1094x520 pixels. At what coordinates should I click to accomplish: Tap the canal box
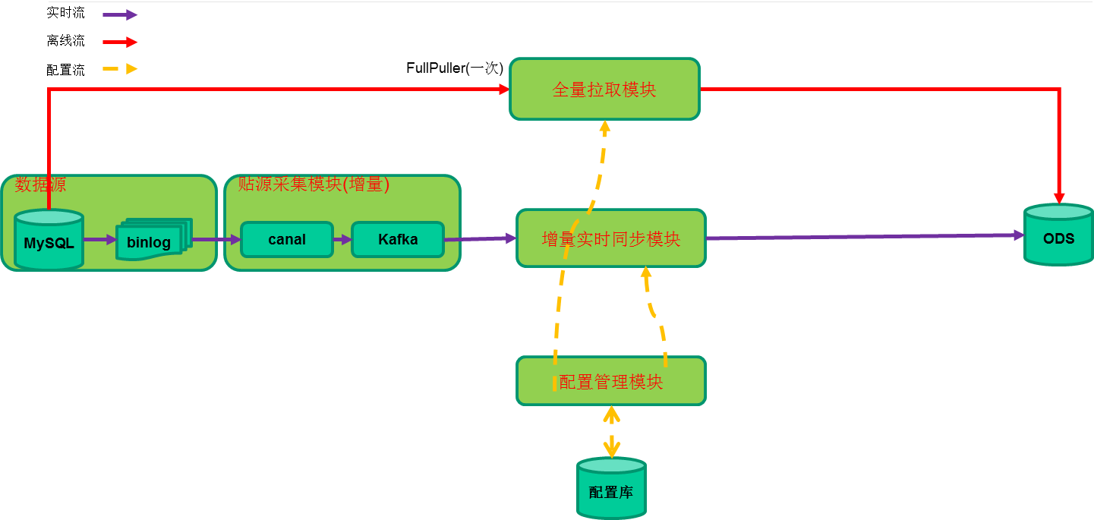click(287, 240)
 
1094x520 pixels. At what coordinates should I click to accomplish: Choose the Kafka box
click(398, 240)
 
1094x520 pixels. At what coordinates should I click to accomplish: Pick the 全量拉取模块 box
click(604, 90)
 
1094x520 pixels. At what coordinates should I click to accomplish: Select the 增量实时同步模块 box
click(611, 239)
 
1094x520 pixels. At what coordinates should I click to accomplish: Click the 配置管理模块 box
click(611, 381)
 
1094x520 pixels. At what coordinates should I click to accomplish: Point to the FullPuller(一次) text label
click(455, 68)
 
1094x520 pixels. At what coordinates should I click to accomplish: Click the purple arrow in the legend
click(120, 14)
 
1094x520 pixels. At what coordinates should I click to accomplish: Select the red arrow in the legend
click(120, 42)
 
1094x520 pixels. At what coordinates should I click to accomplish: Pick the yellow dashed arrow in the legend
click(120, 69)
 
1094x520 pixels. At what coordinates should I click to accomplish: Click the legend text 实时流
click(66, 13)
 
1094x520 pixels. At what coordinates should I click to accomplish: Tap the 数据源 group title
click(41, 184)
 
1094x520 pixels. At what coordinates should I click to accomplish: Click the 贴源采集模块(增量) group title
click(314, 184)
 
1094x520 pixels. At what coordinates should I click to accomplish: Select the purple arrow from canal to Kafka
click(342, 240)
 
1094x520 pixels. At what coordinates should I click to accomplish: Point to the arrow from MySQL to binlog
click(99, 240)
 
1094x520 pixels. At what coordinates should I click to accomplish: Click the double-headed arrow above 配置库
click(611, 431)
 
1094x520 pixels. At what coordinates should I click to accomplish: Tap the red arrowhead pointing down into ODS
click(1059, 197)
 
